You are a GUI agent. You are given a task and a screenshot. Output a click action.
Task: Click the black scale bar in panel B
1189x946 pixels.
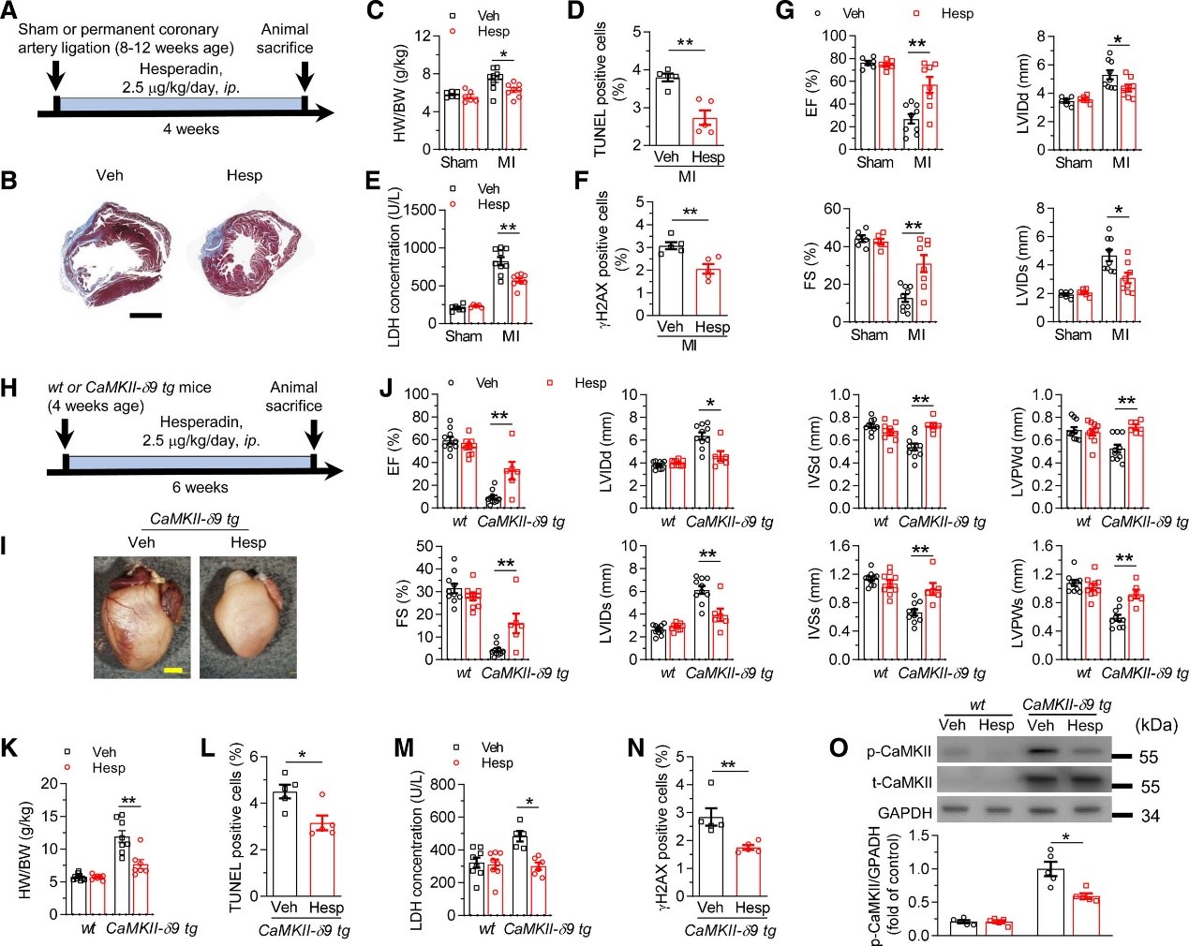[x=145, y=315]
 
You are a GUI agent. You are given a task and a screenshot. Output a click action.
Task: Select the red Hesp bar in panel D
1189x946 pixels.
[x=706, y=130]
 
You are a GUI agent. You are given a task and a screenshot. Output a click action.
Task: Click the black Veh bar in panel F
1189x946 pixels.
[x=670, y=279]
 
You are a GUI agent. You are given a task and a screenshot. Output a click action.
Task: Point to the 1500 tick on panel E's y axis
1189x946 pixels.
[x=424, y=210]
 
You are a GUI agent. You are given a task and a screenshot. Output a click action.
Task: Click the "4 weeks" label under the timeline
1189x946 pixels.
[x=190, y=129]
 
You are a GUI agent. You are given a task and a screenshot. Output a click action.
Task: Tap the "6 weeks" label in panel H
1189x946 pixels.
[x=200, y=487]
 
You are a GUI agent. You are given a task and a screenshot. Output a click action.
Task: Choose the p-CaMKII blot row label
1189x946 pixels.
[x=899, y=752]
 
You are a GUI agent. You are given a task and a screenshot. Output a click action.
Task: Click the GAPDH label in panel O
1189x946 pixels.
[x=904, y=813]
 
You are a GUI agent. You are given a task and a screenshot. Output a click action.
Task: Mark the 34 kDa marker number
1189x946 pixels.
[x=1150, y=816]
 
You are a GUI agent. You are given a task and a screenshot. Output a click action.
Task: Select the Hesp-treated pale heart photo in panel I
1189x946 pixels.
[x=247, y=616]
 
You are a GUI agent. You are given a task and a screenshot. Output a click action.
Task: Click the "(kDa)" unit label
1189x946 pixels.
[x=1155, y=724]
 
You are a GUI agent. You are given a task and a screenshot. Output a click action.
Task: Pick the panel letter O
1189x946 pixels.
[x=839, y=747]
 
